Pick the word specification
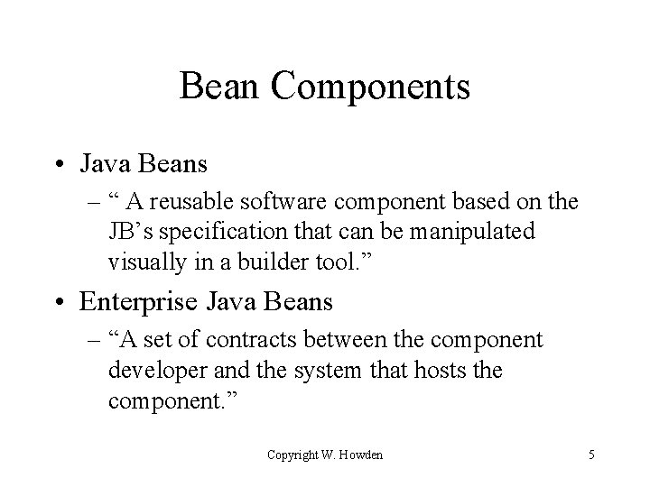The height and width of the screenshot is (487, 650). [225, 232]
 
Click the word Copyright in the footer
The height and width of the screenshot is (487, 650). [293, 455]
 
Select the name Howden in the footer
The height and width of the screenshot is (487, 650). [362, 455]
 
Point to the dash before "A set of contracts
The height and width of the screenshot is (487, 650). [95, 339]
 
